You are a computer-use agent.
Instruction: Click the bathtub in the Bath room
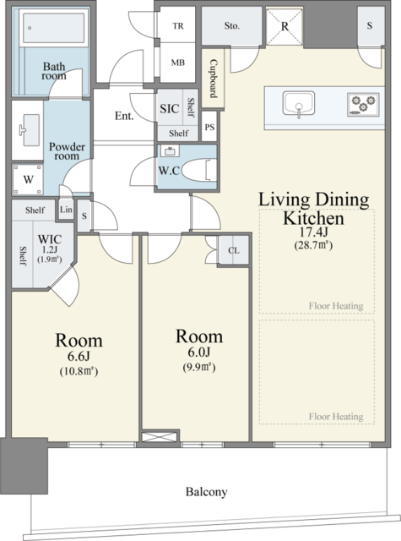(x=53, y=27)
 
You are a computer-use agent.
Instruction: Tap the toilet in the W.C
(x=199, y=169)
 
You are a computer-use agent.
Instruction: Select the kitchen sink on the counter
(x=299, y=103)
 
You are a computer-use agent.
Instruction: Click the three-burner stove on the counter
(x=363, y=103)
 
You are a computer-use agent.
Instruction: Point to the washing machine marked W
(x=28, y=179)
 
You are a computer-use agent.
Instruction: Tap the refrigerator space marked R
(x=284, y=26)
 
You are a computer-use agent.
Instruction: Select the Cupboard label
(x=214, y=79)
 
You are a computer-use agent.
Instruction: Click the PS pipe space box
(x=209, y=127)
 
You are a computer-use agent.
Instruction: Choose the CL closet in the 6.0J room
(x=234, y=250)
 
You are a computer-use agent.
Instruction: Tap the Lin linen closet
(x=66, y=209)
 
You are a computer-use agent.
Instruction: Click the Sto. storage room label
(x=232, y=26)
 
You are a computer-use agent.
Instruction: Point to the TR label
(x=178, y=26)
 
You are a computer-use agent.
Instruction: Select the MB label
(x=178, y=63)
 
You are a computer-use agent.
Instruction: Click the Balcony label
(x=207, y=491)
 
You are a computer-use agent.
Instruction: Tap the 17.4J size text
(x=313, y=232)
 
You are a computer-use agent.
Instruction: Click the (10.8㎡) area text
(x=79, y=371)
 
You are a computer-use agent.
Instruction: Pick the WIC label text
(x=50, y=238)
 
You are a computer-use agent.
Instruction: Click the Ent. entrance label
(x=124, y=116)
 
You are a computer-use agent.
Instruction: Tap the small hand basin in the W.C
(x=170, y=151)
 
